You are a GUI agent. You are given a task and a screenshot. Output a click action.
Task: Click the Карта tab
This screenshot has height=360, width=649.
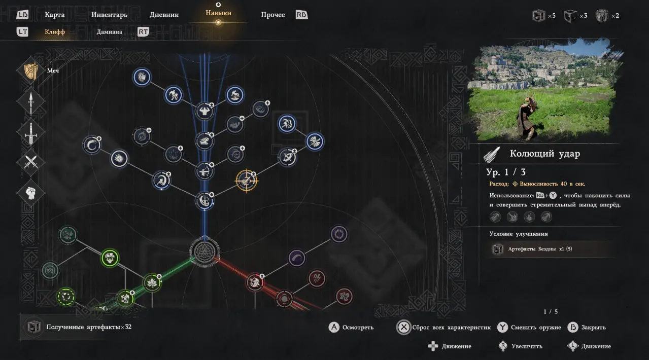tap(54, 15)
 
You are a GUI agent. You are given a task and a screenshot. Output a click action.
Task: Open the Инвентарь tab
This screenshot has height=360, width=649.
tap(109, 15)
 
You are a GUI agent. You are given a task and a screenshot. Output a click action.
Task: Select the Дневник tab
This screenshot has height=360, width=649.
tap(164, 15)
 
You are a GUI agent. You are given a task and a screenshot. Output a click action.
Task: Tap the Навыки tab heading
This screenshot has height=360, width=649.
tap(219, 13)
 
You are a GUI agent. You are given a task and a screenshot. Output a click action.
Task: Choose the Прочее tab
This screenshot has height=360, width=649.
tap(273, 15)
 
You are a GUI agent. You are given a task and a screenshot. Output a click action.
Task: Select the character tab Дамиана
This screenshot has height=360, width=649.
tap(109, 32)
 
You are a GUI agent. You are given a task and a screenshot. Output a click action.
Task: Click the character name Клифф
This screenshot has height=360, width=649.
tap(55, 32)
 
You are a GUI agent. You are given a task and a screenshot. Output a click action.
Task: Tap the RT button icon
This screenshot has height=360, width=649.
tap(143, 31)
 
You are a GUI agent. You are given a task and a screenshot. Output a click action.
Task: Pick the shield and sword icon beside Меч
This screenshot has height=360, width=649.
tap(31, 70)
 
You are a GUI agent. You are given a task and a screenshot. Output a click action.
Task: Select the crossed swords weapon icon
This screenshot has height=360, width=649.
tap(31, 162)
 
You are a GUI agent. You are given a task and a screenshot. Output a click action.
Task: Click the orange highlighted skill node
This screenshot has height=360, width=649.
tap(247, 181)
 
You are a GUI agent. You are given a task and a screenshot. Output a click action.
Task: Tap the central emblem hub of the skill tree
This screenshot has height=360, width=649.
tap(204, 251)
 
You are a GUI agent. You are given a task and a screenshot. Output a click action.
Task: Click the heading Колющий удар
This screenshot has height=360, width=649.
tap(544, 154)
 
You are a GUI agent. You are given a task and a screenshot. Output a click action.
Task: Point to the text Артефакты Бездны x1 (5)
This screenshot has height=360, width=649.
tap(540, 249)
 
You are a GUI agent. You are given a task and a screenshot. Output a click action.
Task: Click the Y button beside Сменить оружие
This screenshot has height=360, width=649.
tap(502, 327)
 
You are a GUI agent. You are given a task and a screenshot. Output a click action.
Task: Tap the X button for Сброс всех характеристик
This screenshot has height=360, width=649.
tap(403, 327)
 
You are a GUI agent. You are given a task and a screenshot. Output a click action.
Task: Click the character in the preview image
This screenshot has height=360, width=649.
tap(527, 118)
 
